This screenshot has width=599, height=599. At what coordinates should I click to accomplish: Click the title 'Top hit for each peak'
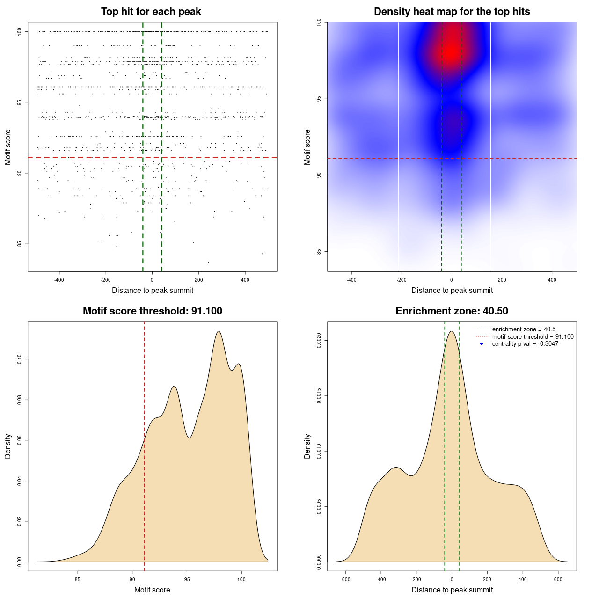tap(151, 12)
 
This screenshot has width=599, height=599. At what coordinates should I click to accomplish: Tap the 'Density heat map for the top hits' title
tap(452, 12)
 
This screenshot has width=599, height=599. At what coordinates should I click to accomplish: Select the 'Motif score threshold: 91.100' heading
tap(152, 311)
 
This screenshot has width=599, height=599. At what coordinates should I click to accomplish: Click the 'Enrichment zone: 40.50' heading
tap(452, 311)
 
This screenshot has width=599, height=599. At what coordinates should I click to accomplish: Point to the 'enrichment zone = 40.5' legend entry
tap(524, 329)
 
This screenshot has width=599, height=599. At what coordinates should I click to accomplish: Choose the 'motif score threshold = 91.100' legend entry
tap(533, 336)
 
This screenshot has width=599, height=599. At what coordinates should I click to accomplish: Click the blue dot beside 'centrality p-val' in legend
tap(482, 344)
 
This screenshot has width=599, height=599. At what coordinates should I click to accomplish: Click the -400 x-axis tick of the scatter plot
tap(59, 280)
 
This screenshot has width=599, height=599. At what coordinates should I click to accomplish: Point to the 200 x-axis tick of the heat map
tap(502, 280)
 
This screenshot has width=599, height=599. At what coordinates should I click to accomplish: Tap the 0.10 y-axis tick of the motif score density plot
tap(20, 359)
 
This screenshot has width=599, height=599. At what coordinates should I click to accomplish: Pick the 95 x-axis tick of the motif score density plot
tap(187, 579)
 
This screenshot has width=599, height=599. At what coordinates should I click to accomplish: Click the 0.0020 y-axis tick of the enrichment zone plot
tap(319, 341)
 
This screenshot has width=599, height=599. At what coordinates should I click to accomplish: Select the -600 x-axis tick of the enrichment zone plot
tap(345, 579)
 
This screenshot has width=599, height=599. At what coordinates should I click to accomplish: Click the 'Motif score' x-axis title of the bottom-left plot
tap(152, 590)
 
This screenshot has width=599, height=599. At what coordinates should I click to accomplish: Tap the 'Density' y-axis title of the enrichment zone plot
tap(307, 446)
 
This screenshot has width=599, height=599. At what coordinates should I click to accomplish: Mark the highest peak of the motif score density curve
tap(218, 331)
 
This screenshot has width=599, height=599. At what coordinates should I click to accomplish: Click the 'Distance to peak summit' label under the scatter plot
tap(153, 291)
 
